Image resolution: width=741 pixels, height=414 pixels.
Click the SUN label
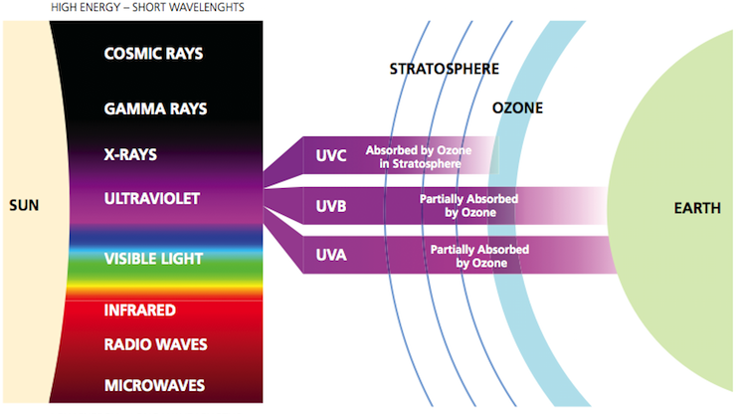pos(24,206)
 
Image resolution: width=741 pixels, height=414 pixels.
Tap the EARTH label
pos(697,208)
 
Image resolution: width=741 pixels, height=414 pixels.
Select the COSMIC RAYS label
pos(153,54)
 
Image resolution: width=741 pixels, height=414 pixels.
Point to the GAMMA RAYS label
pos(155,108)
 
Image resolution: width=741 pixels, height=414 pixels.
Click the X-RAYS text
pos(130,154)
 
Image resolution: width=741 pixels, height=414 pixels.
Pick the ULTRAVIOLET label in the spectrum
pos(152,198)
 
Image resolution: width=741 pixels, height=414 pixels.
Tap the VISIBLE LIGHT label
pos(153,259)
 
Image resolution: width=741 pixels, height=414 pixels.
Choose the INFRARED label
pos(140,310)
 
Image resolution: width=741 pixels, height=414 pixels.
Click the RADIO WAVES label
pos(155,344)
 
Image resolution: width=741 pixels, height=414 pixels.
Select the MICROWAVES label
pos(154,386)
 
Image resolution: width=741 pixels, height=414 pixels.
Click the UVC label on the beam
pos(331,155)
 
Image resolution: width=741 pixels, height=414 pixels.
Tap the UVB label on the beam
pos(331,206)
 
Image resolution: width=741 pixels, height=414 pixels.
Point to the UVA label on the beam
pos(331,255)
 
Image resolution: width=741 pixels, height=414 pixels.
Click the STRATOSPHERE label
pos(445,69)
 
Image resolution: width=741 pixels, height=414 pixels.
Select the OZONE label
pos(517,108)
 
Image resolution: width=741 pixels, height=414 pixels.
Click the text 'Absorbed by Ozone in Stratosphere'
pos(419,157)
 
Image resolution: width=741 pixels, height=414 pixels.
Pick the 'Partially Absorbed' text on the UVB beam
pos(468,199)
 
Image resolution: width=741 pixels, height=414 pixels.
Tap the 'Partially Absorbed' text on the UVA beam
pos(479,250)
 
